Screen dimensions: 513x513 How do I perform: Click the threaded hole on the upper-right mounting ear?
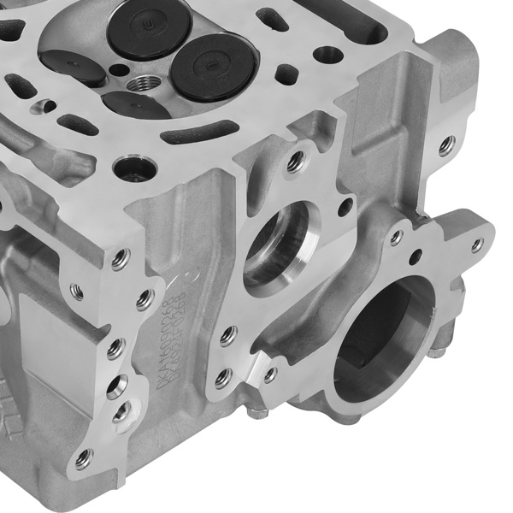[x=446, y=145]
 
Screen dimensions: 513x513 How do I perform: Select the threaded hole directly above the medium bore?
[x=295, y=161]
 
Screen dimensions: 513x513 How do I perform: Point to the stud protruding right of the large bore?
[x=438, y=347]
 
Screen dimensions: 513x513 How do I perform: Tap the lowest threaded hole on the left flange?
[x=83, y=459]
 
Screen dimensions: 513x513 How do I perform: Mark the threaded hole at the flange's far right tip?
[x=476, y=245]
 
